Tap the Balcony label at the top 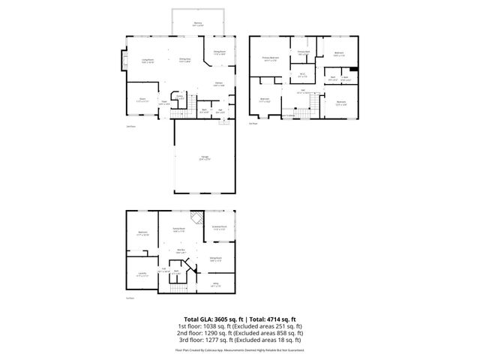click(198, 24)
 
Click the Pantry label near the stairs click(180, 97)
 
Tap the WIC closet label click(302, 74)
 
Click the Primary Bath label click(302, 52)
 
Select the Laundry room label click(142, 274)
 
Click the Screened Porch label click(219, 228)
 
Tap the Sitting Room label click(217, 259)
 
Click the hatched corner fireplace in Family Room click(196, 217)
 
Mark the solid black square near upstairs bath click(353, 70)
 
